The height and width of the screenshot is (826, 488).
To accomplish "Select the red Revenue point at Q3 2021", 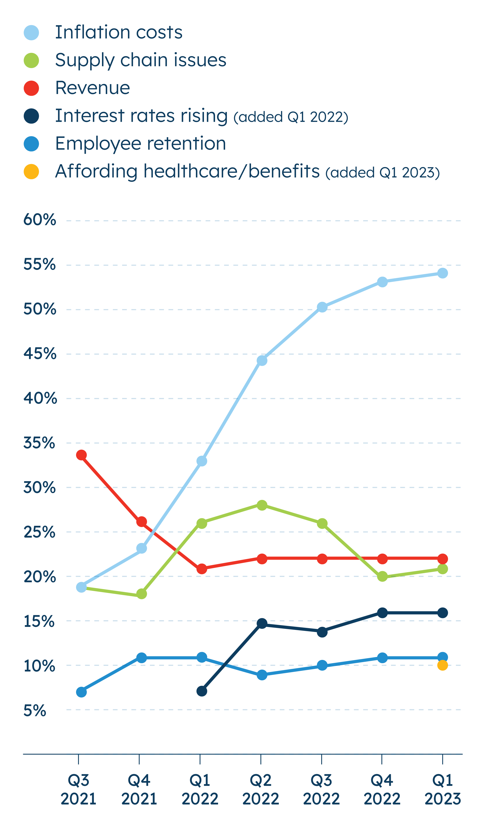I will tap(81, 455).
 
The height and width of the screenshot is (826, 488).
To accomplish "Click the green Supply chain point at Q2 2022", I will tap(262, 505).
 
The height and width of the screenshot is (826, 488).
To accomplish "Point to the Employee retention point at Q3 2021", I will tap(81, 692).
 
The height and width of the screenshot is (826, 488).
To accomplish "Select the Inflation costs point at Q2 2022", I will tap(262, 360).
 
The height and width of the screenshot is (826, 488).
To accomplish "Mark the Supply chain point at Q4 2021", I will tap(142, 594).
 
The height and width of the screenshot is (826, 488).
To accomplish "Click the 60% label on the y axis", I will tap(40, 220).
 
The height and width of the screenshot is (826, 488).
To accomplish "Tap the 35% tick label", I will tap(39, 443).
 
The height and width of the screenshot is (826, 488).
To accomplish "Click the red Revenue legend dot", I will tap(31, 88).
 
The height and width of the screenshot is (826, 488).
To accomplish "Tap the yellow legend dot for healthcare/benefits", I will tap(31, 171).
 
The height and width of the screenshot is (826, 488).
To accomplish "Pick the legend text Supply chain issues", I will tap(141, 60).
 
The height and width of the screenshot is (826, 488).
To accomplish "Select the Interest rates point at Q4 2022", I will tap(382, 613).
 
